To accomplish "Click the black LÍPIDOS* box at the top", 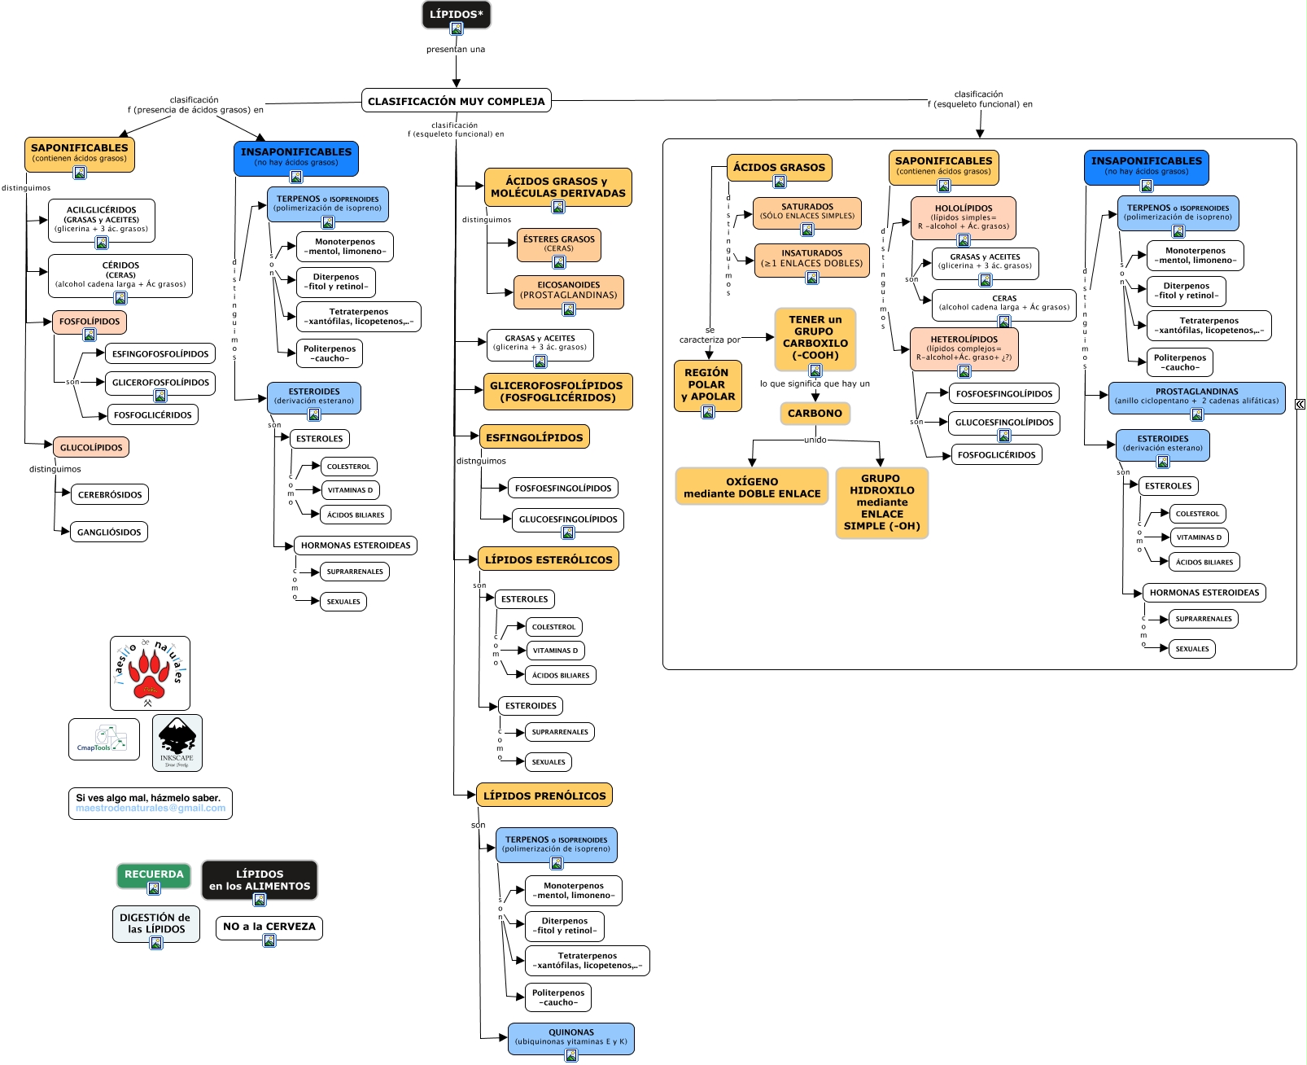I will click(456, 15).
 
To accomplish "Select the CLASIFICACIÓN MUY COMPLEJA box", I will click(457, 101).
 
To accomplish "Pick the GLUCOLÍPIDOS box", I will click(91, 448).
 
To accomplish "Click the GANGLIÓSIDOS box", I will click(109, 532).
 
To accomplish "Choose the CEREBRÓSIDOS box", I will click(110, 495).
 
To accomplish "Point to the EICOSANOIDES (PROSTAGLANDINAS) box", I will click(569, 291).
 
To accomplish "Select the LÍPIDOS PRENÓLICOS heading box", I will click(544, 796).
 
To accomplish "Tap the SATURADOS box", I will click(807, 212).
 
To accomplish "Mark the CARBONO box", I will click(815, 414).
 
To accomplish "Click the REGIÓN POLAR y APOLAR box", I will click(707, 385).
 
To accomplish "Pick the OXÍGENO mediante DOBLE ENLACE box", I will click(752, 488).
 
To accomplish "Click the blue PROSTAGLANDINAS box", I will click(1196, 397).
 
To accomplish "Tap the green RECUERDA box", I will click(154, 874).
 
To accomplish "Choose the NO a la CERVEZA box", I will click(269, 927).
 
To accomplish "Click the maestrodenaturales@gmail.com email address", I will click(151, 809).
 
